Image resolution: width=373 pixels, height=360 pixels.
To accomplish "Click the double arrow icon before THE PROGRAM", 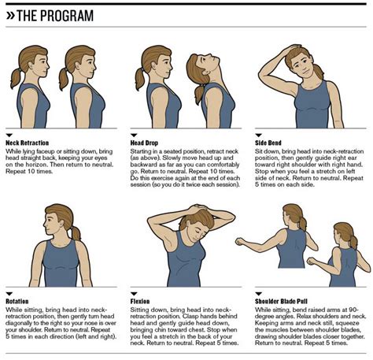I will (x=12, y=15).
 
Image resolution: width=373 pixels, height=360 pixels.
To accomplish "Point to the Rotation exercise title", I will (x=21, y=300).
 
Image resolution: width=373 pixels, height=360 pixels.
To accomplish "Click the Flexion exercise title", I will (x=144, y=300).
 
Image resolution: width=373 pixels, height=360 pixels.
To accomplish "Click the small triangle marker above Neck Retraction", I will (x=9, y=135).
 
